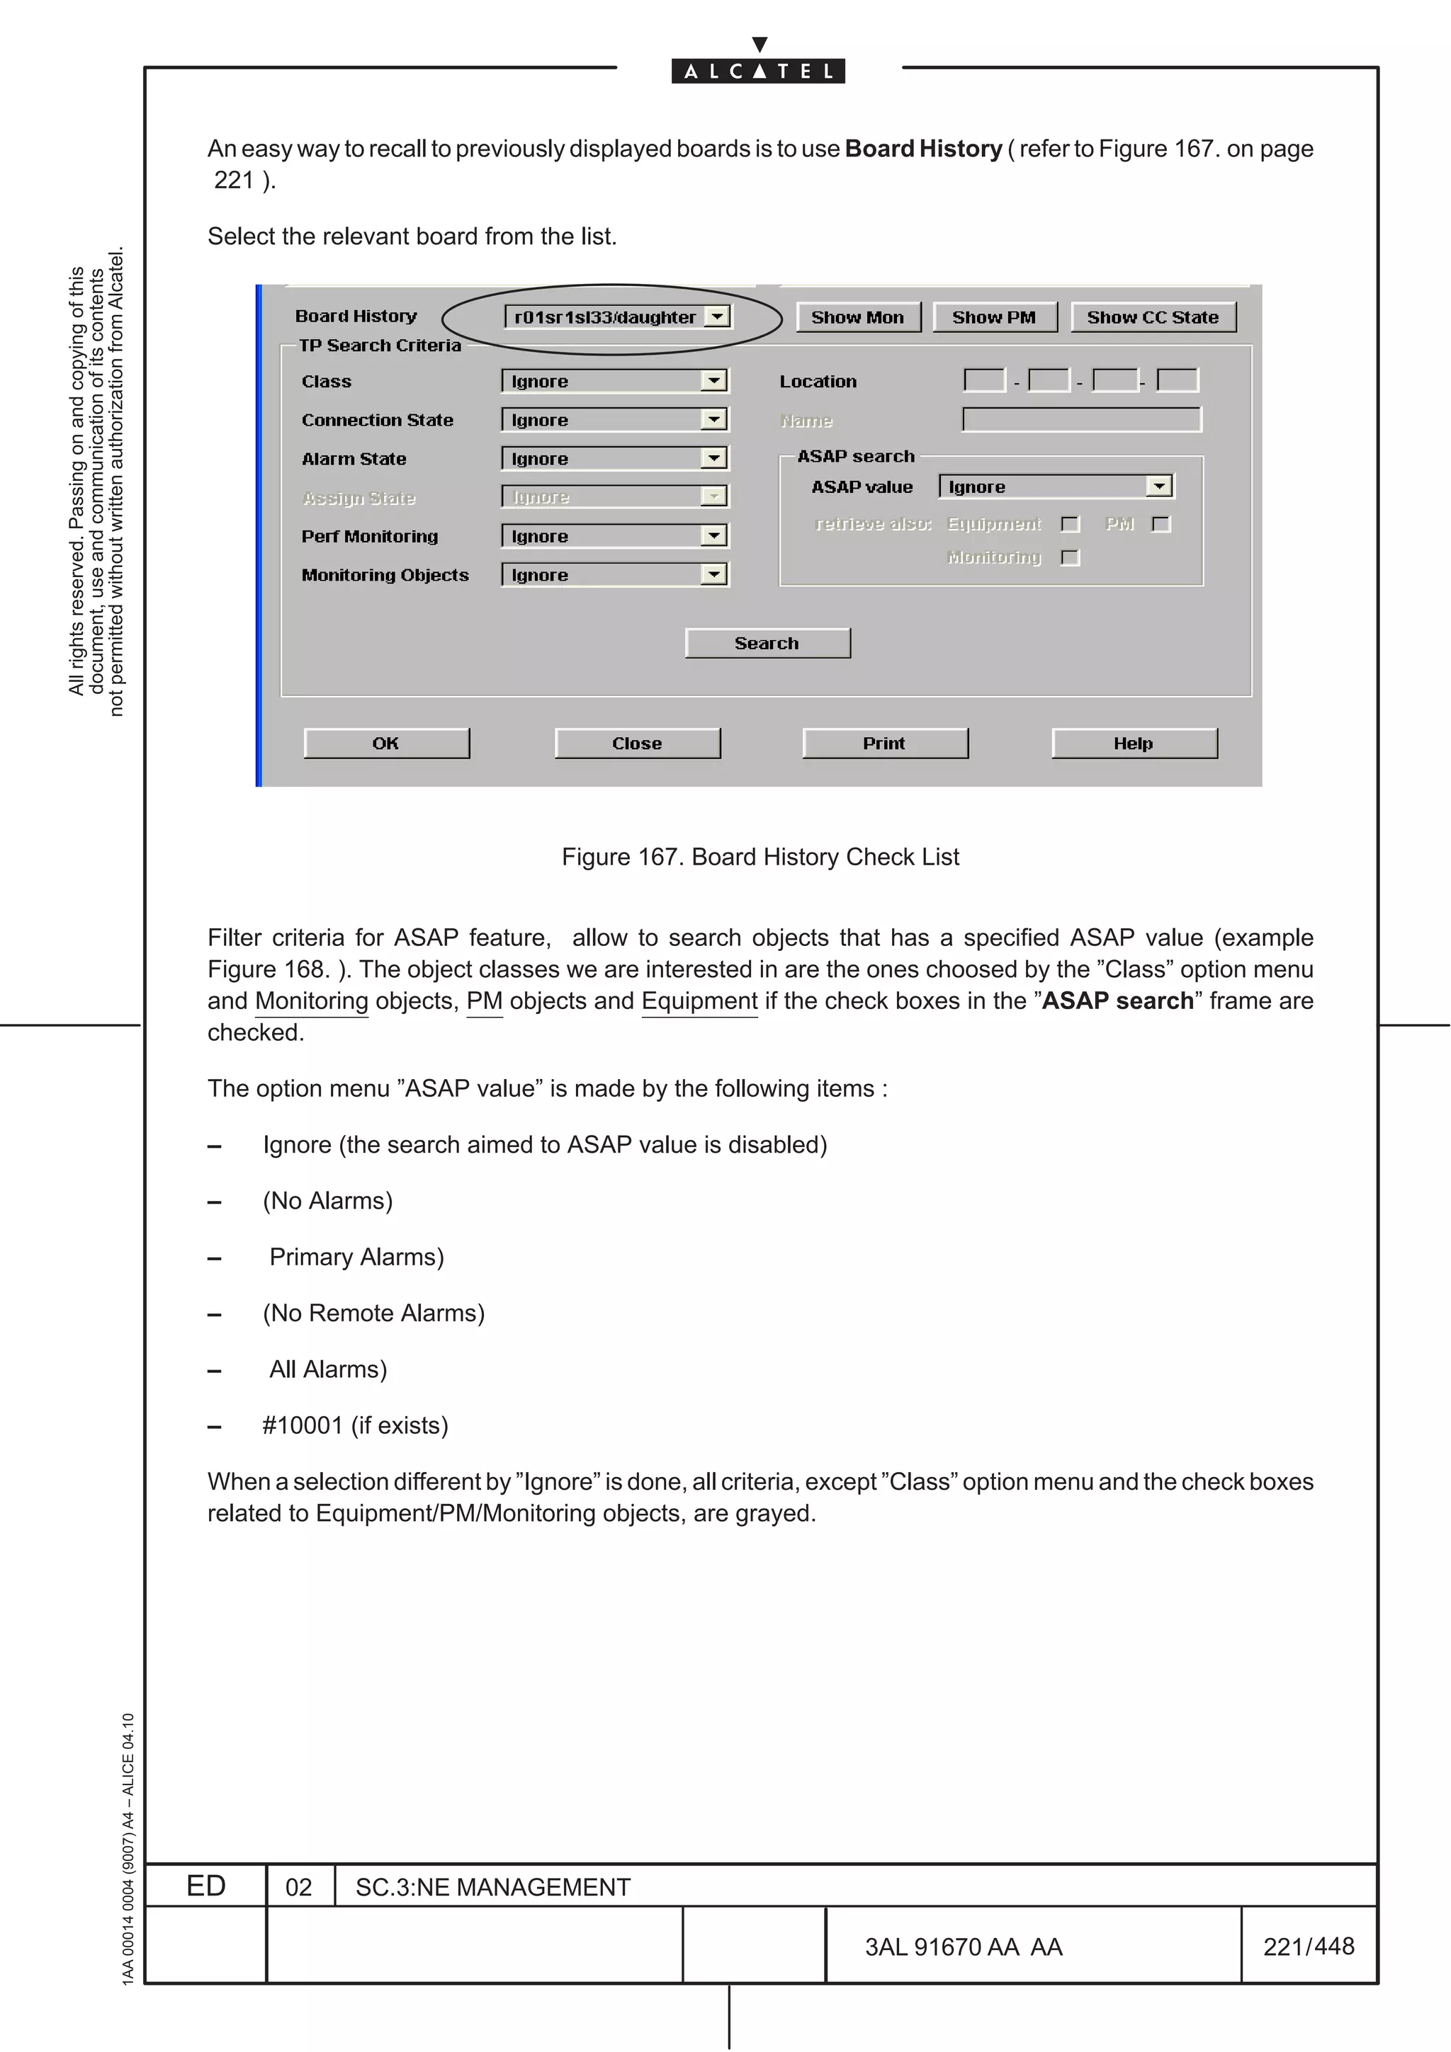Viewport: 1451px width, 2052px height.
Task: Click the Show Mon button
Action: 857,317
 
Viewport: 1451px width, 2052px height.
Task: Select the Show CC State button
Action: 1153,317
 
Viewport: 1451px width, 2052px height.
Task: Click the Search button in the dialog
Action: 767,644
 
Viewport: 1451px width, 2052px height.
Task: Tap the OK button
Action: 386,743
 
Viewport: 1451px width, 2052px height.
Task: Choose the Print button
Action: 884,743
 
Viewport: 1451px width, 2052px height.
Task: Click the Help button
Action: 1134,743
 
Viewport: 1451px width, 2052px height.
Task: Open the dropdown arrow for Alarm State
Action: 713,459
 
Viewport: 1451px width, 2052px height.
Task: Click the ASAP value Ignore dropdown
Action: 1055,487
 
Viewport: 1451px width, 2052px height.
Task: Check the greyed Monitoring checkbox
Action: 1070,558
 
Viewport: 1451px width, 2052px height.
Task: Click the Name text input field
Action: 1082,420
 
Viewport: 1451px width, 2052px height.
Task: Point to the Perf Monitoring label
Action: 369,536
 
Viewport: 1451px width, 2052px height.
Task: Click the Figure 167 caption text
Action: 760,857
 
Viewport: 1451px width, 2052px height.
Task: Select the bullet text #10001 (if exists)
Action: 355,1425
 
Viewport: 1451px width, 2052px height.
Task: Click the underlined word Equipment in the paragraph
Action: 699,1001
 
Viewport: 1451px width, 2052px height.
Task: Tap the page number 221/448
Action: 1308,1946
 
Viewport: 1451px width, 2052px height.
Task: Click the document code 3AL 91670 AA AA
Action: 963,1946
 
